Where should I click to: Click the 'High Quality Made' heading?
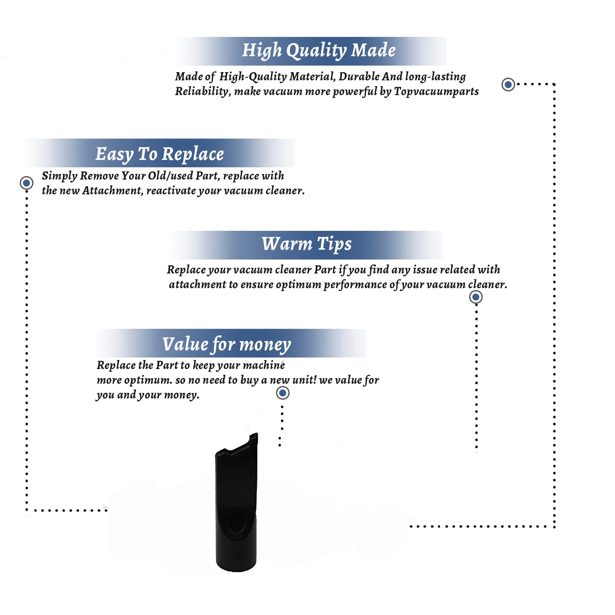319,50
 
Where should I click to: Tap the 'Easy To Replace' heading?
159,154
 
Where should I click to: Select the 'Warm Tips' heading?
307,244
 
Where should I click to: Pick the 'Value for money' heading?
226,344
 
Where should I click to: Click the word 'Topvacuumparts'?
436,91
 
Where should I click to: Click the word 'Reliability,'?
203,91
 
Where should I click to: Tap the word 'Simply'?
59,176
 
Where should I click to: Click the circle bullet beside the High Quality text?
508,84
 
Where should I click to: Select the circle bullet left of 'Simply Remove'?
27,182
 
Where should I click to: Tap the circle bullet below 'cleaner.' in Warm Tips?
476,297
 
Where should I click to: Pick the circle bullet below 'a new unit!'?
282,393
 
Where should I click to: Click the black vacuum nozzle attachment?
237,504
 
